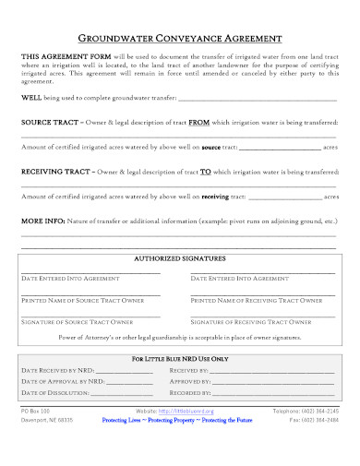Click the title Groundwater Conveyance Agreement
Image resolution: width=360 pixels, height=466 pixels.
click(x=179, y=40)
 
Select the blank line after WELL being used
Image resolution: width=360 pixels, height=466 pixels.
click(x=258, y=98)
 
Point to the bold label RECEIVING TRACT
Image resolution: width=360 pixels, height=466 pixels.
click(x=58, y=173)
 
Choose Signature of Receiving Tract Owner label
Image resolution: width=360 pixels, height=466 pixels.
click(x=250, y=321)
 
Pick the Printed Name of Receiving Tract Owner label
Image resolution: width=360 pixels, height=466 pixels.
click(x=255, y=300)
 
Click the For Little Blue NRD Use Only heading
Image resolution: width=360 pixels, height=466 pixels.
click(x=179, y=357)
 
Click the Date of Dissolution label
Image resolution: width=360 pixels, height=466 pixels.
click(x=54, y=392)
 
